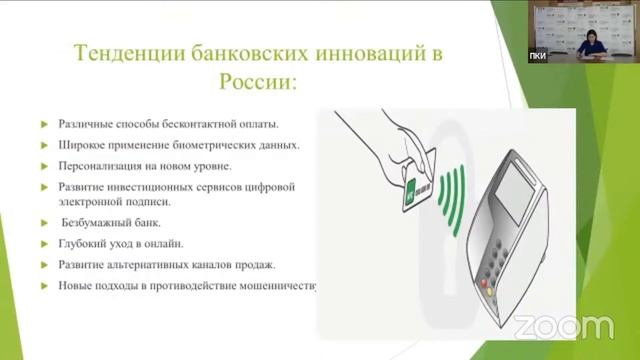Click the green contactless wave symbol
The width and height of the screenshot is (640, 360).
pos(454,191)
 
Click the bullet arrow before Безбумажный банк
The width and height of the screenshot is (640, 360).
pos(44,223)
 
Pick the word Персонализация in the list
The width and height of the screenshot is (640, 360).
pos(101,165)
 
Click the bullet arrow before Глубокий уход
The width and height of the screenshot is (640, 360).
pos(44,244)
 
